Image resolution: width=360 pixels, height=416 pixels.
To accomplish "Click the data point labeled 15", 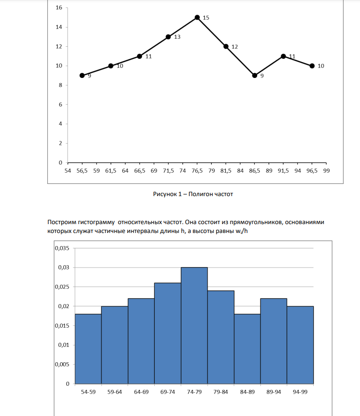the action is [x=197, y=18].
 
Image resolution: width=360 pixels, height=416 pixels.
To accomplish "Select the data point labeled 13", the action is [x=168, y=37].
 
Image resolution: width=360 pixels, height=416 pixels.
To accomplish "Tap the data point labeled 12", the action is [x=226, y=46].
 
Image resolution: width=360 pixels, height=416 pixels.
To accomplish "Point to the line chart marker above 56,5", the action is [x=82, y=76].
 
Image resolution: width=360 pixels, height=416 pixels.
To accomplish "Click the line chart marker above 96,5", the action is [x=312, y=66].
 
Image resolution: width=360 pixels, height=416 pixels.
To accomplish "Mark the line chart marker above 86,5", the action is [x=254, y=76].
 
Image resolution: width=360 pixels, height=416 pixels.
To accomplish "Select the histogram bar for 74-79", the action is [x=194, y=325].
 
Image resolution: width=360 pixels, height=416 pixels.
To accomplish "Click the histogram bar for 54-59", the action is [x=88, y=349].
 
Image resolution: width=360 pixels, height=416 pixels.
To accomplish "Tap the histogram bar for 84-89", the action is [x=247, y=349].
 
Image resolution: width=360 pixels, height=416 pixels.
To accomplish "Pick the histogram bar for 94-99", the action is [x=300, y=345].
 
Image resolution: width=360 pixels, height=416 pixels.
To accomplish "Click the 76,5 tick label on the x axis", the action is [x=197, y=171].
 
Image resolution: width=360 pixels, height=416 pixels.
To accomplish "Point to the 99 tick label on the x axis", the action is [x=326, y=171].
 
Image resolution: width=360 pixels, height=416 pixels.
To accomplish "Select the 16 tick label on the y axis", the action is [x=59, y=7].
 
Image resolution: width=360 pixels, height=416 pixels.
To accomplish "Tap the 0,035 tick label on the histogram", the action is [x=62, y=248].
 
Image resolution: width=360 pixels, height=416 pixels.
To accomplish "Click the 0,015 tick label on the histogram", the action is [x=62, y=326].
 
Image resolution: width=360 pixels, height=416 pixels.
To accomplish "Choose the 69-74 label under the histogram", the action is [x=168, y=392].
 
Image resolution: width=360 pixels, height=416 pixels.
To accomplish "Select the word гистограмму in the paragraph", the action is [x=96, y=222].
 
